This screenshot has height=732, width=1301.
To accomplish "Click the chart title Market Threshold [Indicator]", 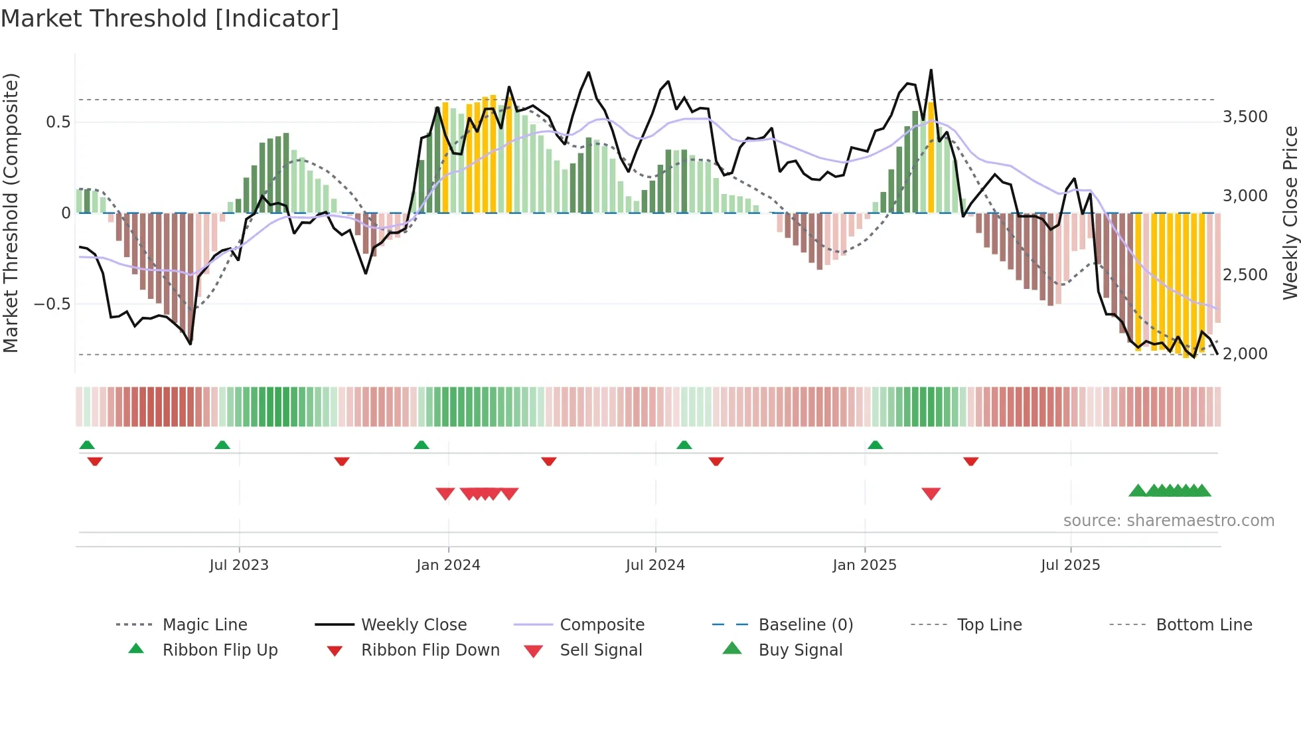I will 170,19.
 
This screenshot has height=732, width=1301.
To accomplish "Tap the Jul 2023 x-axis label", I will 239,565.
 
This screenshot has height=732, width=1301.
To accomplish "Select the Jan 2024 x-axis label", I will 448,565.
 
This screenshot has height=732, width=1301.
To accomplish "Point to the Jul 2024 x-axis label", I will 655,565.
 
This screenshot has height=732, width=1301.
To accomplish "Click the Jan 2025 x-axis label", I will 864,565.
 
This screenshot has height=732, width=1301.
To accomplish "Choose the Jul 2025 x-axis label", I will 1070,565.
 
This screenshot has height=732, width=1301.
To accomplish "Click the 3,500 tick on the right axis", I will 1245,117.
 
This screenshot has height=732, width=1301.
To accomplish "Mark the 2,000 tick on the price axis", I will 1245,354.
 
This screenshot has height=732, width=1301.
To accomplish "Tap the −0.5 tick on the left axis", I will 52,304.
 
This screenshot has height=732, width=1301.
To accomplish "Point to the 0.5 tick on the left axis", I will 58,122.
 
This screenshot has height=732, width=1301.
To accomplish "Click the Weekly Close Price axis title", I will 1290,213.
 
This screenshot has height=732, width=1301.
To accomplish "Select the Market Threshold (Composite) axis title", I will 11,213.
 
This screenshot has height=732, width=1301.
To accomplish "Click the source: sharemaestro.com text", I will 1168,521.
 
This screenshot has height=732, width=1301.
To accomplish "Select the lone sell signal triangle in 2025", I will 931,494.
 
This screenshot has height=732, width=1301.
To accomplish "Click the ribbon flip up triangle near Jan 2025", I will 875,445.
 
